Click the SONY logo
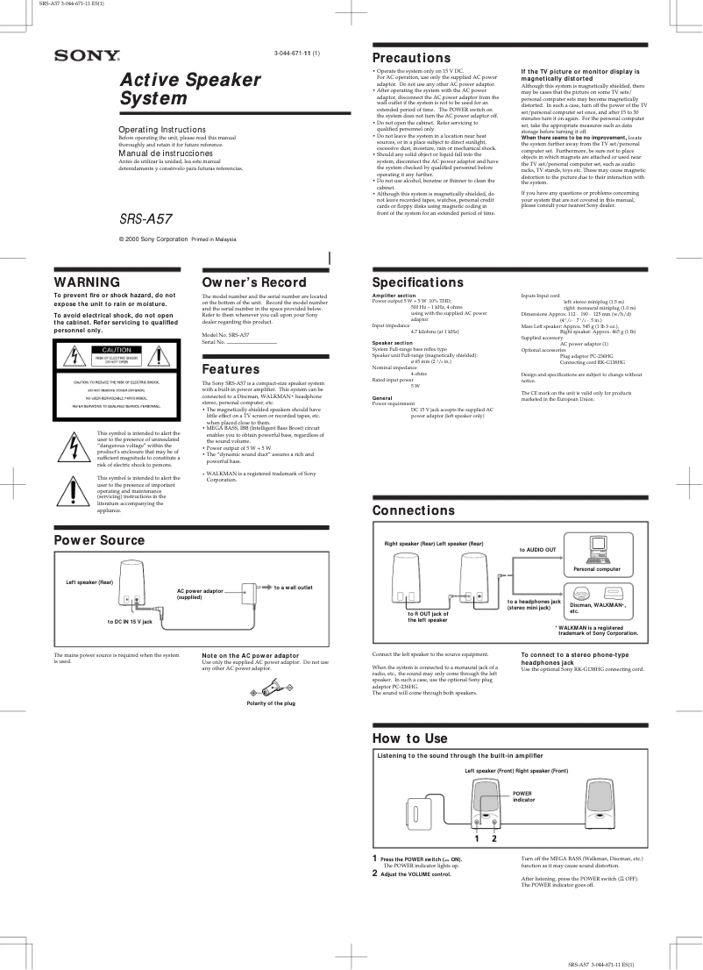click(x=88, y=56)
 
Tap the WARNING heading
click(x=87, y=282)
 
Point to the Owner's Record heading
click(x=254, y=282)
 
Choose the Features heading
click(x=231, y=370)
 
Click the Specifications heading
click(x=417, y=282)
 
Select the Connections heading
click(x=413, y=510)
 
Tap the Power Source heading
click(x=99, y=540)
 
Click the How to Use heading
click(x=409, y=714)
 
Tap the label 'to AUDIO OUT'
click(x=537, y=549)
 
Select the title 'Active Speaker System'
click(x=190, y=89)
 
